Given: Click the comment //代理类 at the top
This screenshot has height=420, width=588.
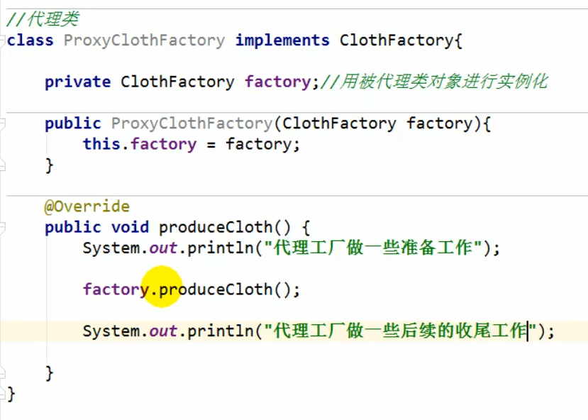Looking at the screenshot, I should point(43,19).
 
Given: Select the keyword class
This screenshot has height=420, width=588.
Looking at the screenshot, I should point(30,40).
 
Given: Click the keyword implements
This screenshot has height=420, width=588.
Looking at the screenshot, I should point(282,40).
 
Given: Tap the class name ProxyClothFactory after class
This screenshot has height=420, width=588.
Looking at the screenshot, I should point(144,40).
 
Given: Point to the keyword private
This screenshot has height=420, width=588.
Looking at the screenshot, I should point(77,82).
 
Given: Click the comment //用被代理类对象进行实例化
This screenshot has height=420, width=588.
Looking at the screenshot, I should point(434,82).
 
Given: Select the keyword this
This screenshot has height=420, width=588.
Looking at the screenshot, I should point(101,144).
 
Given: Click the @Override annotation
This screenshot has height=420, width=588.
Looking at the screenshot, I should point(87,206).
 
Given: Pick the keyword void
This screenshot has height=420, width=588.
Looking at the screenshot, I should point(130,227).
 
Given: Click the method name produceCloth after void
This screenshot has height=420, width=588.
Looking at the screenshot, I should point(216,227).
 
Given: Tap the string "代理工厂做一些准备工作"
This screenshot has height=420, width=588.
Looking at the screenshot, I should point(373,248).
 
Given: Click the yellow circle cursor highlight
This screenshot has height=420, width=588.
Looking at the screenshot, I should point(162,287).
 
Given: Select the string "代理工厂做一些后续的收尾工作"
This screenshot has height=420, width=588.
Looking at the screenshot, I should point(399,331).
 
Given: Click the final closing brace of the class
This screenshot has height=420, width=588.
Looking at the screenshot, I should point(11,392).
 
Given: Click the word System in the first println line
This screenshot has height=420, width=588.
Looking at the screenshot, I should point(111,248).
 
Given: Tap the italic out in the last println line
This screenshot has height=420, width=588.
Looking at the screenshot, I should point(163,331).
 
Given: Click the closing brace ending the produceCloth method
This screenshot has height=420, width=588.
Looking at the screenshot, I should point(49,372).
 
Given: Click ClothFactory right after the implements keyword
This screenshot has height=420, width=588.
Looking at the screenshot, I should point(396,40).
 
